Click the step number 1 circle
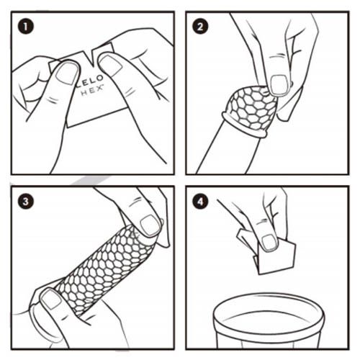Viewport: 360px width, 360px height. (26, 26)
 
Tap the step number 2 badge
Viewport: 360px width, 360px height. (200, 26)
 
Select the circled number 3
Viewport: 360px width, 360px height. (26, 201)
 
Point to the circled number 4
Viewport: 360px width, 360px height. (200, 201)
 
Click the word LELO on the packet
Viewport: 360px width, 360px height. (91, 80)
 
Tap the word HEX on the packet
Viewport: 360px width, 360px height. (92, 91)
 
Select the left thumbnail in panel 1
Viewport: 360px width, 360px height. (67, 73)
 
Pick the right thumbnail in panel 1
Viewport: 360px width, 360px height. (110, 66)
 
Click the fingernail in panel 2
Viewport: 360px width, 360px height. (279, 85)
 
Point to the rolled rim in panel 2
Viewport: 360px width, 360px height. (244, 125)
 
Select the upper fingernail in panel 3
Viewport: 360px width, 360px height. (150, 225)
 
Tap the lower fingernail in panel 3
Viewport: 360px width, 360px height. (50, 300)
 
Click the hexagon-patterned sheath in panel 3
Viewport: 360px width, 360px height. (106, 269)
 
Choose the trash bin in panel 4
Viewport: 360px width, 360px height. (269, 320)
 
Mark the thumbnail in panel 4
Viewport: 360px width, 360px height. (269, 243)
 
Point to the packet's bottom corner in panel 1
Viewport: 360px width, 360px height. (67, 127)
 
